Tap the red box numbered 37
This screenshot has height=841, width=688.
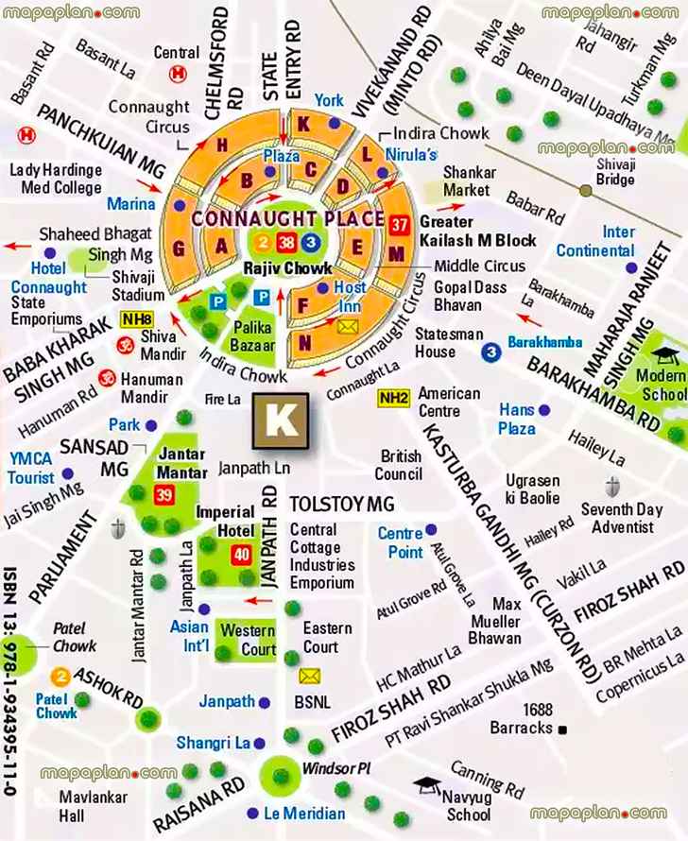tap(399, 225)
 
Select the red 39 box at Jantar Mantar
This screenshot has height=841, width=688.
tap(164, 495)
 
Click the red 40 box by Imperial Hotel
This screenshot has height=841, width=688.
tap(241, 555)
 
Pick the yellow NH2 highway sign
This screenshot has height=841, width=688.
tap(392, 399)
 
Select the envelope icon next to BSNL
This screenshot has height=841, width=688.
tap(310, 676)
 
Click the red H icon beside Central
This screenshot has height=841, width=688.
tap(176, 74)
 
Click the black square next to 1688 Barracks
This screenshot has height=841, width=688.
tap(561, 729)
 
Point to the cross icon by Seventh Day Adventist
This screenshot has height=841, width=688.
tap(611, 488)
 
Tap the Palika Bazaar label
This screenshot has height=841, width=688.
tap(253, 336)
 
